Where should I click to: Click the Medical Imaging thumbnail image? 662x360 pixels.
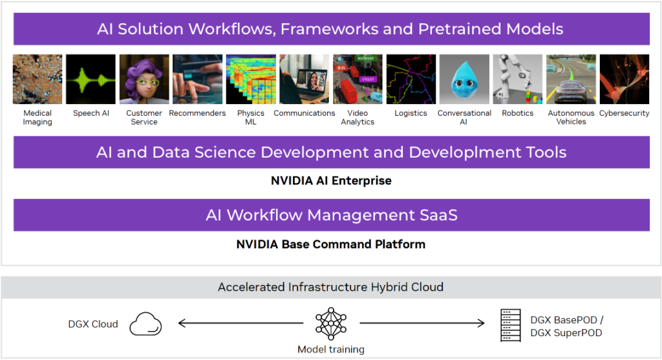click(37, 79)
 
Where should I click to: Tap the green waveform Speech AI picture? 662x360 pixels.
click(91, 79)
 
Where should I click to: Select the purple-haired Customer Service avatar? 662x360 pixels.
click(144, 79)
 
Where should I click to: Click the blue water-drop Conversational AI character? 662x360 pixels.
click(464, 79)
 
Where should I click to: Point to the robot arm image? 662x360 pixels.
click(518, 79)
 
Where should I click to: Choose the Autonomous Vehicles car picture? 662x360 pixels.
click(571, 79)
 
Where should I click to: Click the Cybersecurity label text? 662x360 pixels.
click(624, 113)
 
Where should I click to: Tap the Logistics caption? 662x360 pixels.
click(411, 113)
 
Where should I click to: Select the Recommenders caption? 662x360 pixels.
click(197, 113)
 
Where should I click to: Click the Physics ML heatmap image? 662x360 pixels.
click(251, 79)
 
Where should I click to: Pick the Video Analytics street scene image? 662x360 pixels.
click(358, 79)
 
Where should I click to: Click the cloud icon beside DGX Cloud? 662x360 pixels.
click(145, 324)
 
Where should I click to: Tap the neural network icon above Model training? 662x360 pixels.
click(331, 324)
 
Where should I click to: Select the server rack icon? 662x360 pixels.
click(511, 325)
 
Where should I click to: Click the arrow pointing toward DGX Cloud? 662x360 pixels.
click(240, 323)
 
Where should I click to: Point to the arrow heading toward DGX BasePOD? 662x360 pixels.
click(422, 323)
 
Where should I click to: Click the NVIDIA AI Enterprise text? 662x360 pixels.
click(331, 180)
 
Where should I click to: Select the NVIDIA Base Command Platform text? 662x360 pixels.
click(331, 244)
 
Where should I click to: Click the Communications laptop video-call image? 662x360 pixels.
click(304, 79)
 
